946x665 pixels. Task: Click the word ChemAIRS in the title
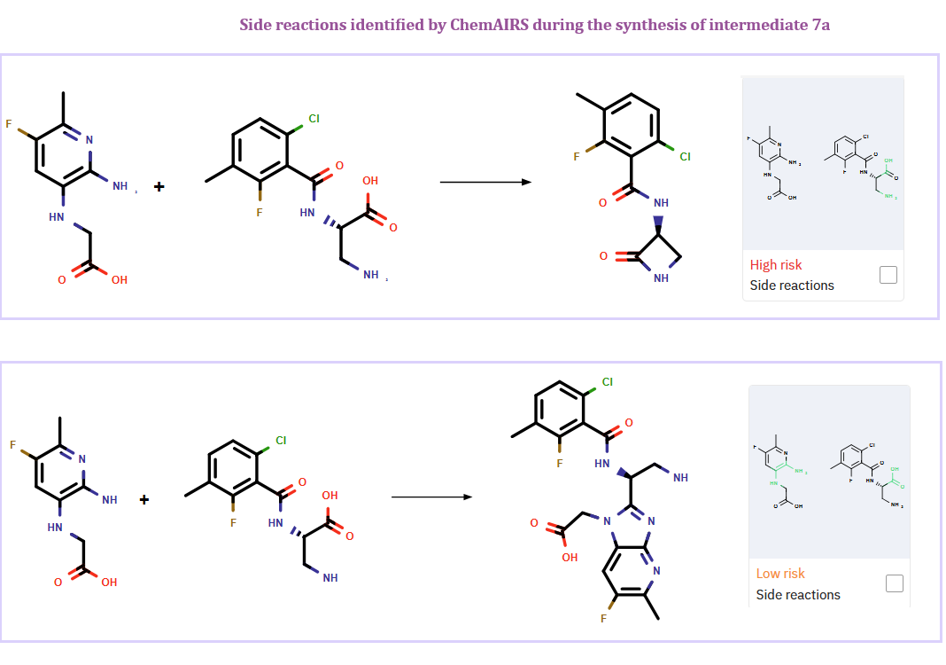click(x=488, y=24)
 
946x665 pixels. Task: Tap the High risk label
click(x=776, y=264)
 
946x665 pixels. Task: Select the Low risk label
click(x=780, y=574)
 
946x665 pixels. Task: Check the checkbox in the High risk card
click(x=888, y=275)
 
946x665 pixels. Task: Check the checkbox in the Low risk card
click(x=894, y=583)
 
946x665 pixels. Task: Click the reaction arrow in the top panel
click(x=485, y=183)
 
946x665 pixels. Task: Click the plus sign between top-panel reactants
click(x=159, y=186)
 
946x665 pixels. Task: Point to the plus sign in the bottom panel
click(x=144, y=499)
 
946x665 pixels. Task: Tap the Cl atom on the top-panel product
click(x=685, y=157)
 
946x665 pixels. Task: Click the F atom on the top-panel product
click(x=576, y=157)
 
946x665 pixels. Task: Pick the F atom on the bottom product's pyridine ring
click(x=603, y=618)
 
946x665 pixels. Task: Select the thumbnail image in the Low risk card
click(x=828, y=471)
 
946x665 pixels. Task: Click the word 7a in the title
click(x=820, y=24)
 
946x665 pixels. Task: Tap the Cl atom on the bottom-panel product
click(x=607, y=382)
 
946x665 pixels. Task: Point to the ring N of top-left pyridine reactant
click(x=89, y=140)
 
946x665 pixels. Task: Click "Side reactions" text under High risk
click(x=792, y=286)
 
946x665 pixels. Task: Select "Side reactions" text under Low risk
click(x=798, y=594)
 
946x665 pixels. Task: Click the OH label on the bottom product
click(x=570, y=558)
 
